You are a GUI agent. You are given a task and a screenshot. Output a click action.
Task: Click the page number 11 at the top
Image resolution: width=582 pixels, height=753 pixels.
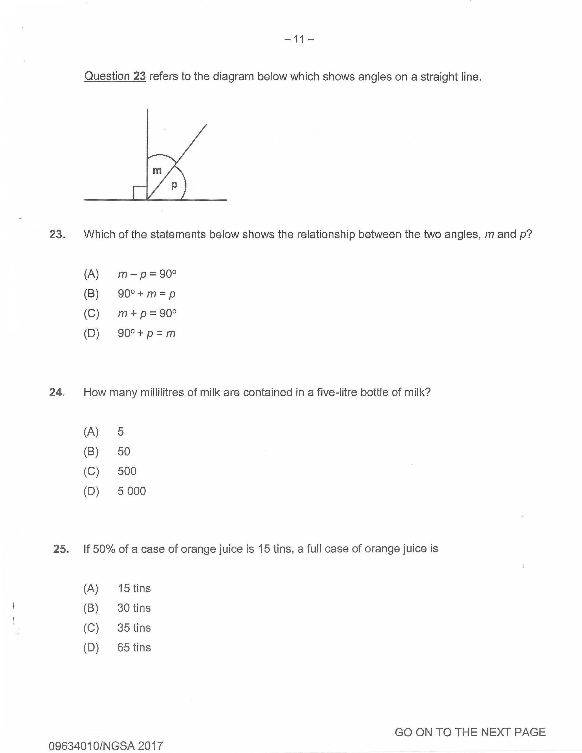pos(299,39)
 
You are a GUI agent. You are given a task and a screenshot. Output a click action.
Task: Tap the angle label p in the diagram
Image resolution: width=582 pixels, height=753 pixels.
pos(174,185)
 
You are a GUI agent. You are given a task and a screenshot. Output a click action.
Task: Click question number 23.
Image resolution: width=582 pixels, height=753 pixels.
pos(57,234)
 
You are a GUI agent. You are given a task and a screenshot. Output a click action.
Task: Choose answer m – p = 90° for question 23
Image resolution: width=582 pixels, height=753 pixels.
pos(147,274)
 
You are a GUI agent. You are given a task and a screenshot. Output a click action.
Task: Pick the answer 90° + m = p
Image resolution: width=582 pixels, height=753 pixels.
pos(147,294)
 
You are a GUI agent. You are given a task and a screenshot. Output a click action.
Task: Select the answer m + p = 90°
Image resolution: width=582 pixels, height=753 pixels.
pos(147,313)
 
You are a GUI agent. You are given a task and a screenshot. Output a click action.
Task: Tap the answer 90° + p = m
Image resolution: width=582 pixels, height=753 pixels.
pos(147,333)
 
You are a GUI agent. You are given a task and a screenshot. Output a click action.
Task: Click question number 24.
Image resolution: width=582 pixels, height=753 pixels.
pos(57,392)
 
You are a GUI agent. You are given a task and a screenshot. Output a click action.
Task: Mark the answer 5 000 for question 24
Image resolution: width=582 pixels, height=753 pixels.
pos(131,491)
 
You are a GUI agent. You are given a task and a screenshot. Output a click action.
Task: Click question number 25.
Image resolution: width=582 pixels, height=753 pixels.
pos(61,549)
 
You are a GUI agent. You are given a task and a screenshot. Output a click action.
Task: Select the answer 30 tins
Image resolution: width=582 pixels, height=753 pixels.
pos(134,608)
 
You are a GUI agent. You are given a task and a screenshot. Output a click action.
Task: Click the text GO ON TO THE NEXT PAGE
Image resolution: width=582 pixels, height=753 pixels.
pos(470,723)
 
